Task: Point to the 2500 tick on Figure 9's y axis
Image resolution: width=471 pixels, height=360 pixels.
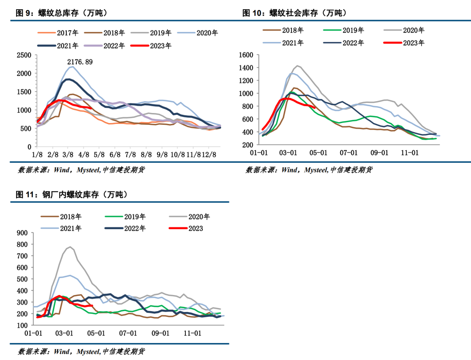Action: point(24,55)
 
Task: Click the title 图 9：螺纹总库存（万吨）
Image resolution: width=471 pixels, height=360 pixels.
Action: point(61,14)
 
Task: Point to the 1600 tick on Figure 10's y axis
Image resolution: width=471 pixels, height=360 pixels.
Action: point(246,55)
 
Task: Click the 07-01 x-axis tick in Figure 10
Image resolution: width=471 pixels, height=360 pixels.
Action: point(349,153)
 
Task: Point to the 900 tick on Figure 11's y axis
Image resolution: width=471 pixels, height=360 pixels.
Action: point(22,233)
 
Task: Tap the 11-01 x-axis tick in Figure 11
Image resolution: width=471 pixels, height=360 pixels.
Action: point(192,333)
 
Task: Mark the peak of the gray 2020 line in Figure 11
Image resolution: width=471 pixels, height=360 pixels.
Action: point(70,247)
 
